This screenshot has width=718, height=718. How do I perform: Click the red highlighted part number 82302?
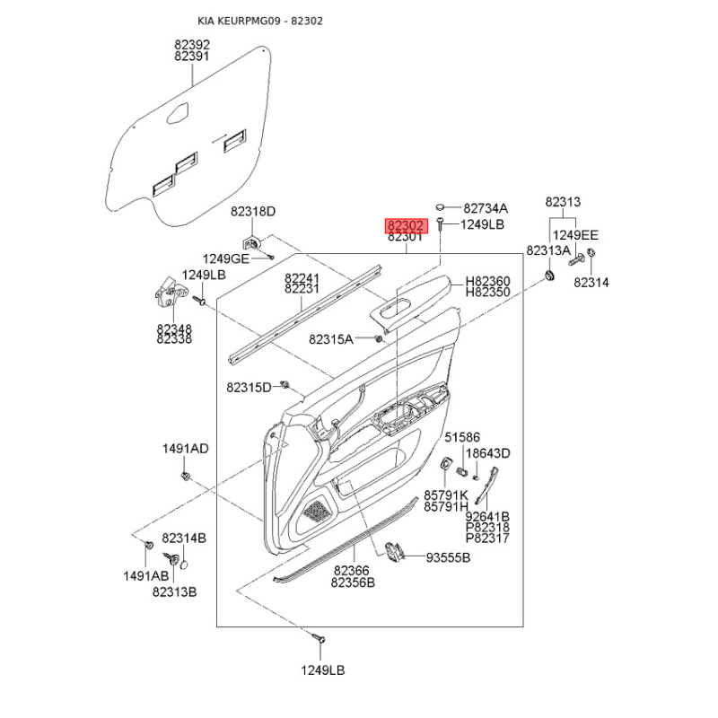pyautogui.click(x=406, y=226)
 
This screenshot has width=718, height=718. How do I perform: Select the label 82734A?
pyautogui.click(x=486, y=208)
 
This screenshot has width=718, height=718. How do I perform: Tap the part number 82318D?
pyautogui.click(x=253, y=212)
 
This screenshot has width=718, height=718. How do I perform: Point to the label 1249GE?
pyautogui.click(x=226, y=259)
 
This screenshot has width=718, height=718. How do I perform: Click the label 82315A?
pyautogui.click(x=331, y=339)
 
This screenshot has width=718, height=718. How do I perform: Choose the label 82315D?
pyautogui.click(x=249, y=388)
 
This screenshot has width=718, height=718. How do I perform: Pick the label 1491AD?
pyautogui.click(x=185, y=449)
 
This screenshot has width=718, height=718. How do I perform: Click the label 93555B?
pyautogui.click(x=448, y=557)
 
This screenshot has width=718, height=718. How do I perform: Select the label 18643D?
pyautogui.click(x=487, y=453)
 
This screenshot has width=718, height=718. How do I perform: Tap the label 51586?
pyautogui.click(x=462, y=437)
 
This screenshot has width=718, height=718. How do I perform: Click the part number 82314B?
pyautogui.click(x=184, y=538)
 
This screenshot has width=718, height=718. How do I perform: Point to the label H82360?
pyautogui.click(x=487, y=281)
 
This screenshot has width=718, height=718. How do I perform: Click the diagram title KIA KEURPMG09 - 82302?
pyautogui.click(x=260, y=21)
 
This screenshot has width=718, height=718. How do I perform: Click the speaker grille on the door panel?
pyautogui.click(x=317, y=510)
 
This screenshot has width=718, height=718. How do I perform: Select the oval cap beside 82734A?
pyautogui.click(x=440, y=207)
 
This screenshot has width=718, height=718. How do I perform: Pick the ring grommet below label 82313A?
pyautogui.click(x=548, y=276)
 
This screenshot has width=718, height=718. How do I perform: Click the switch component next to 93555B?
pyautogui.click(x=392, y=551)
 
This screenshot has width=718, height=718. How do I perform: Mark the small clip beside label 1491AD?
pyautogui.click(x=186, y=476)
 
